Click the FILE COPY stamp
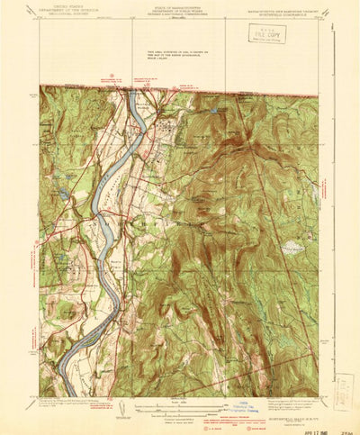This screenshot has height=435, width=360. tap(266, 33)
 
